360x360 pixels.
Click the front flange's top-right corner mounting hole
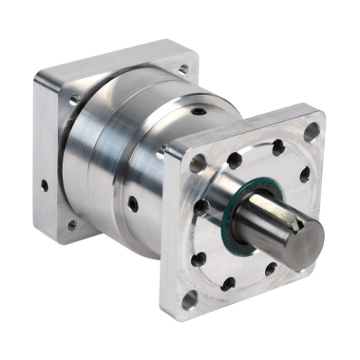[x=312, y=132]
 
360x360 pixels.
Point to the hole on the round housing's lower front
[x=132, y=202]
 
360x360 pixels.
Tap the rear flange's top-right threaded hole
[x=183, y=69]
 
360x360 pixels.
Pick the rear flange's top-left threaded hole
[x=74, y=98]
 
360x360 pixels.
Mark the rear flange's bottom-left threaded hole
[x=72, y=226]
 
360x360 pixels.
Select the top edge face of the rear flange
[x=110, y=62]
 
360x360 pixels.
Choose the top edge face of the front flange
[x=241, y=128]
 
